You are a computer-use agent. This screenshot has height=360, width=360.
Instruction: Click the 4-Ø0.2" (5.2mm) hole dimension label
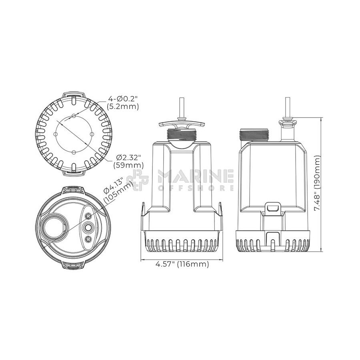(x=123, y=103)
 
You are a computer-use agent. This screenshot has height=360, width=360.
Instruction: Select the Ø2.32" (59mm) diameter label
(x=128, y=162)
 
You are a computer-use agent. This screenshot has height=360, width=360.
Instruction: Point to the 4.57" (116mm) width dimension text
(x=182, y=264)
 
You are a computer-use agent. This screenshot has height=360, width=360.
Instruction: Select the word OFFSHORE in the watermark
(x=196, y=188)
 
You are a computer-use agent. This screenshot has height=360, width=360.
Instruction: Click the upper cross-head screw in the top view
(x=88, y=216)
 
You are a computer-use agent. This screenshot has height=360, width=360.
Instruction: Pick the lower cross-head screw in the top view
(x=88, y=240)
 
